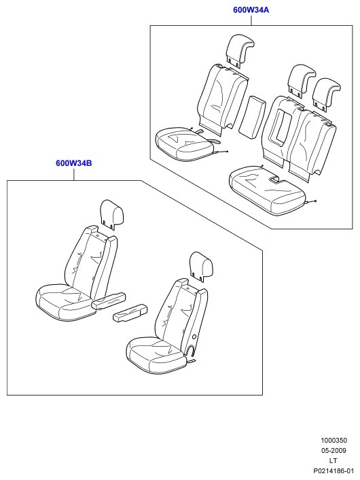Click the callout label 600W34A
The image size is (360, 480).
coord(251,10)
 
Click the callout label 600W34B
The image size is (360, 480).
coord(74,163)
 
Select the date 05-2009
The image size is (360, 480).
coord(334,450)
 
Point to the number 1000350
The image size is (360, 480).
coord(334,440)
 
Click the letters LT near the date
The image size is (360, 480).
coord(333,460)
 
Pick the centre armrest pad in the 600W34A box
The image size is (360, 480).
coord(251,116)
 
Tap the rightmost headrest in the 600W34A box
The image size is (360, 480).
coord(326,94)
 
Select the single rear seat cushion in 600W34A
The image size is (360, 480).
coord(183,143)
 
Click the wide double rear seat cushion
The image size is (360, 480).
coord(268,190)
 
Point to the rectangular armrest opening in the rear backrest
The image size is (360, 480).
coord(280,126)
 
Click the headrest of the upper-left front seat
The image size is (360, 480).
coord(111,213)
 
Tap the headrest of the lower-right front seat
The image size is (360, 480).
coord(200,266)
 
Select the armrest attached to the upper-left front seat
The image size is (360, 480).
coord(109,301)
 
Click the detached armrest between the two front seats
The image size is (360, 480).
coord(130,313)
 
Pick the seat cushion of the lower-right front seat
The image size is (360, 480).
coord(156,355)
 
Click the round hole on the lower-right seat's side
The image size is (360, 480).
coord(194,337)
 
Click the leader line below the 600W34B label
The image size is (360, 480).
coord(74,174)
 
